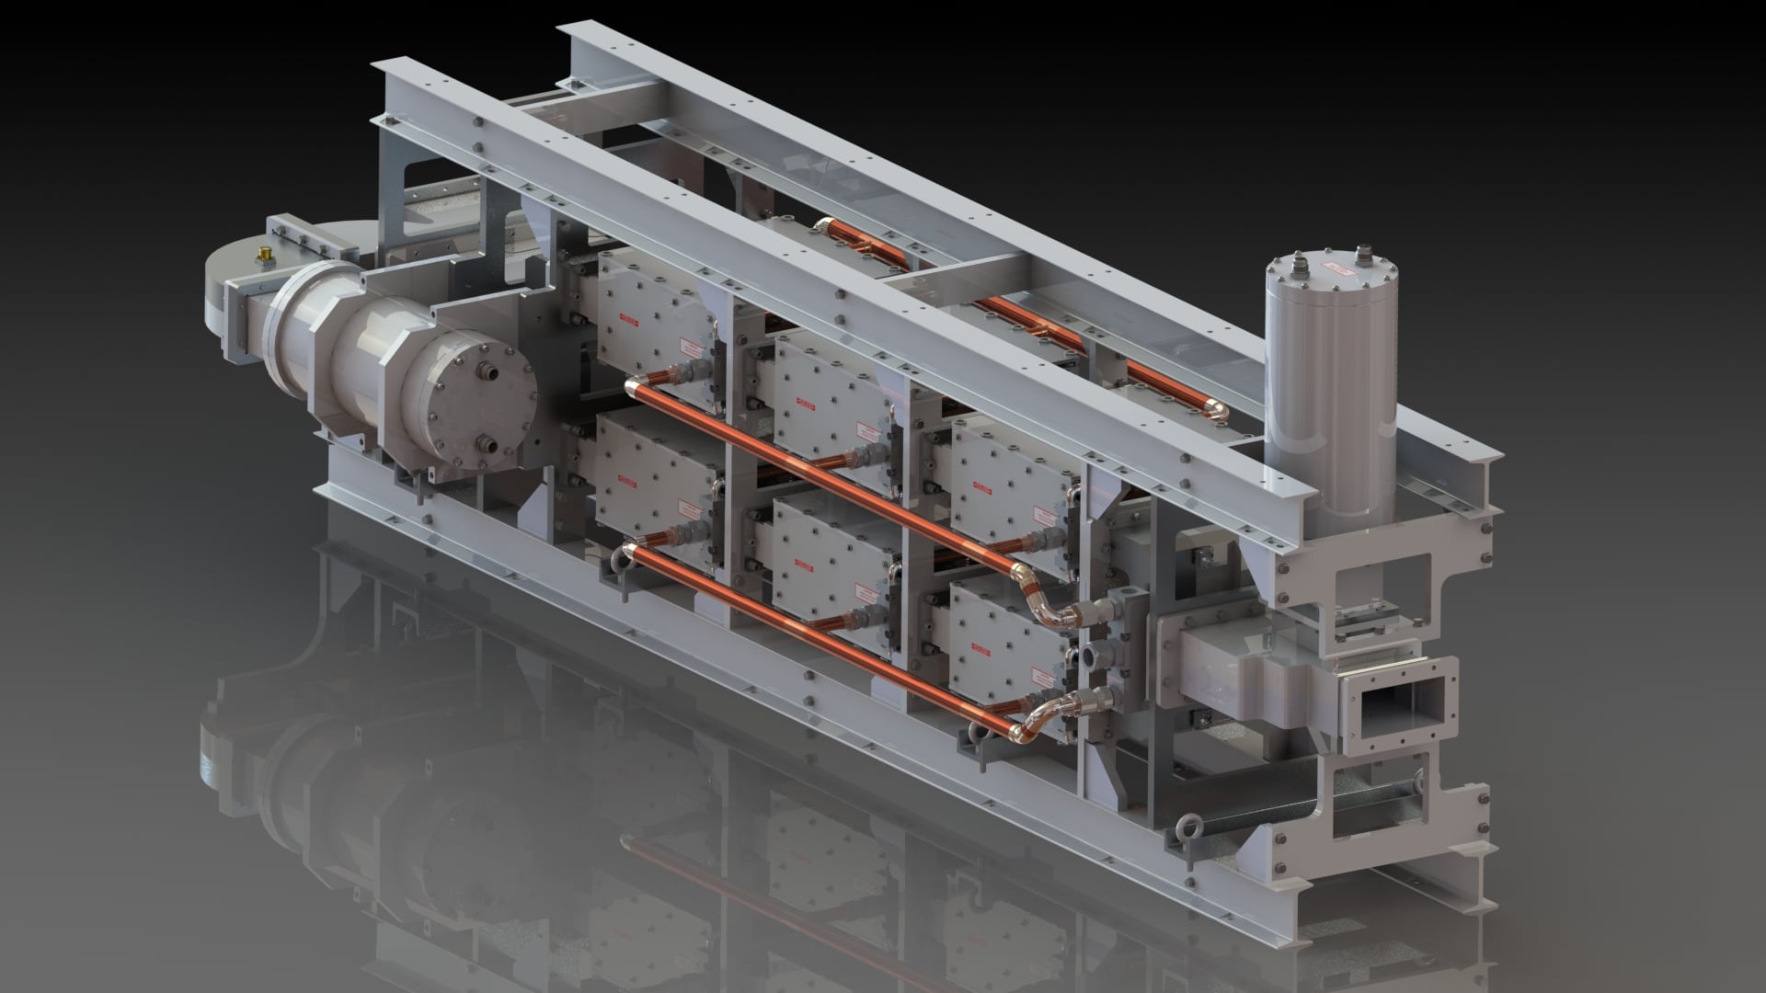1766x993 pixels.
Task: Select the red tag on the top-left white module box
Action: tap(627, 319)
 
